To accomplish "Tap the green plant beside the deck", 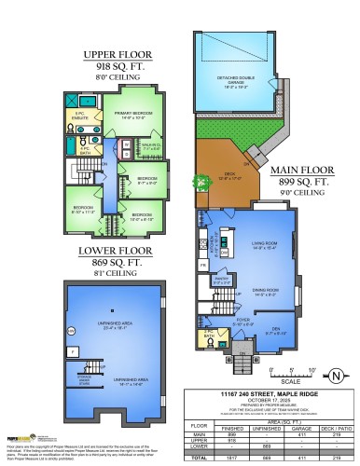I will [x=198, y=183].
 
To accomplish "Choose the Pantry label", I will [x=222, y=279].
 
